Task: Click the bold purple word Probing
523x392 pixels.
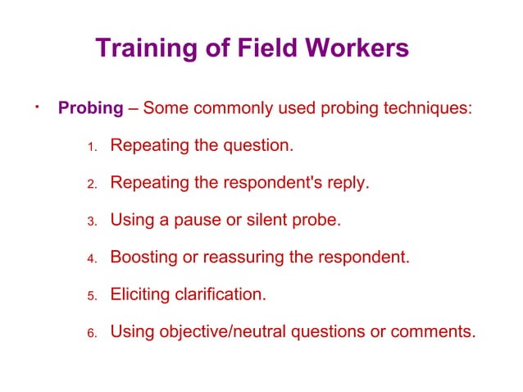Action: pyautogui.click(x=90, y=109)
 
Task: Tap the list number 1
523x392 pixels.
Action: pyautogui.click(x=92, y=148)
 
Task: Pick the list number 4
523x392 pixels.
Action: pyautogui.click(x=92, y=259)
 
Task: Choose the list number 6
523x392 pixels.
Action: pyautogui.click(x=92, y=333)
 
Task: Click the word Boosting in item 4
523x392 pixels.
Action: pyautogui.click(x=143, y=258)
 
